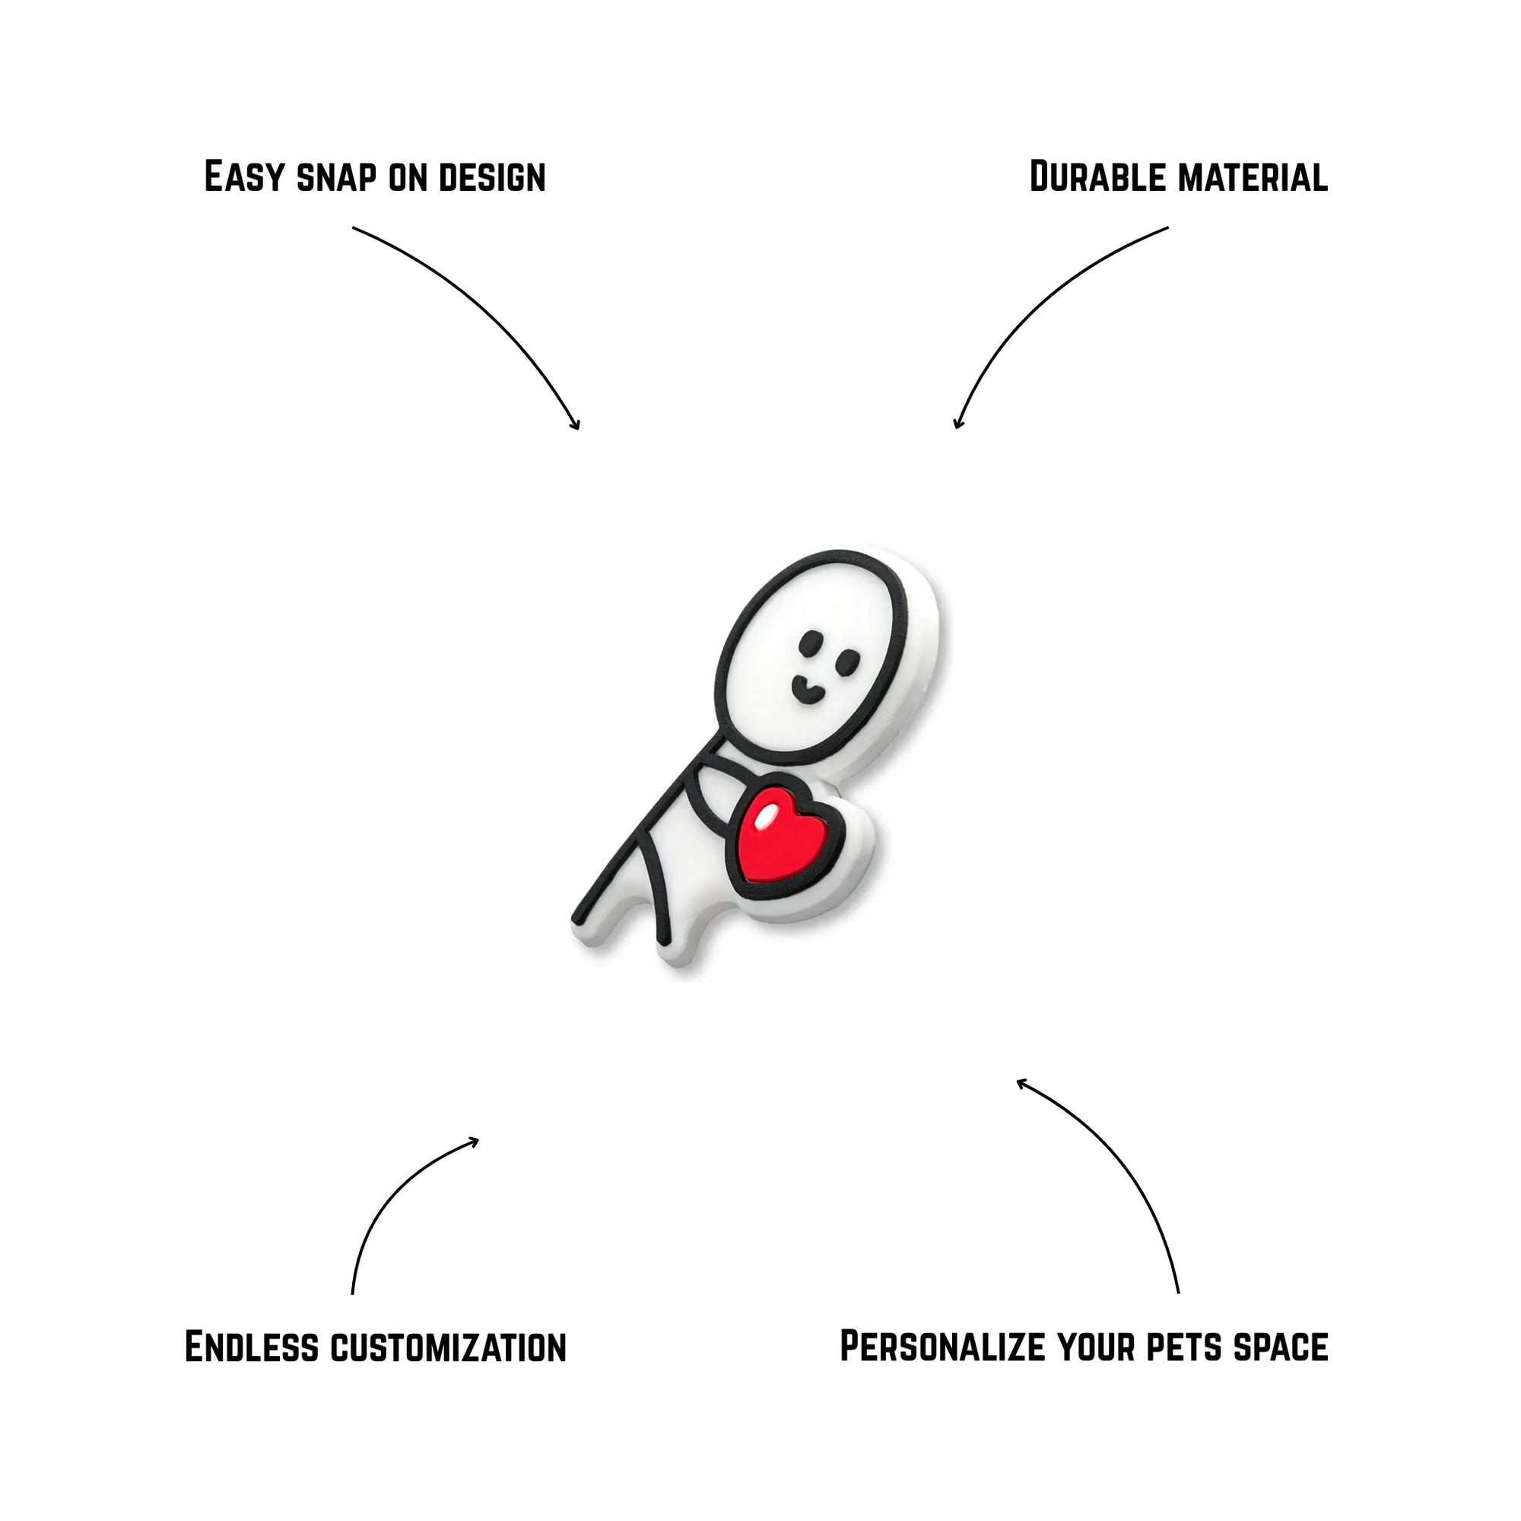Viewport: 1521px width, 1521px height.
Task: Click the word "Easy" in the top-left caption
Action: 243,176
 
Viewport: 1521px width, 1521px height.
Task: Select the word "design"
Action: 492,177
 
